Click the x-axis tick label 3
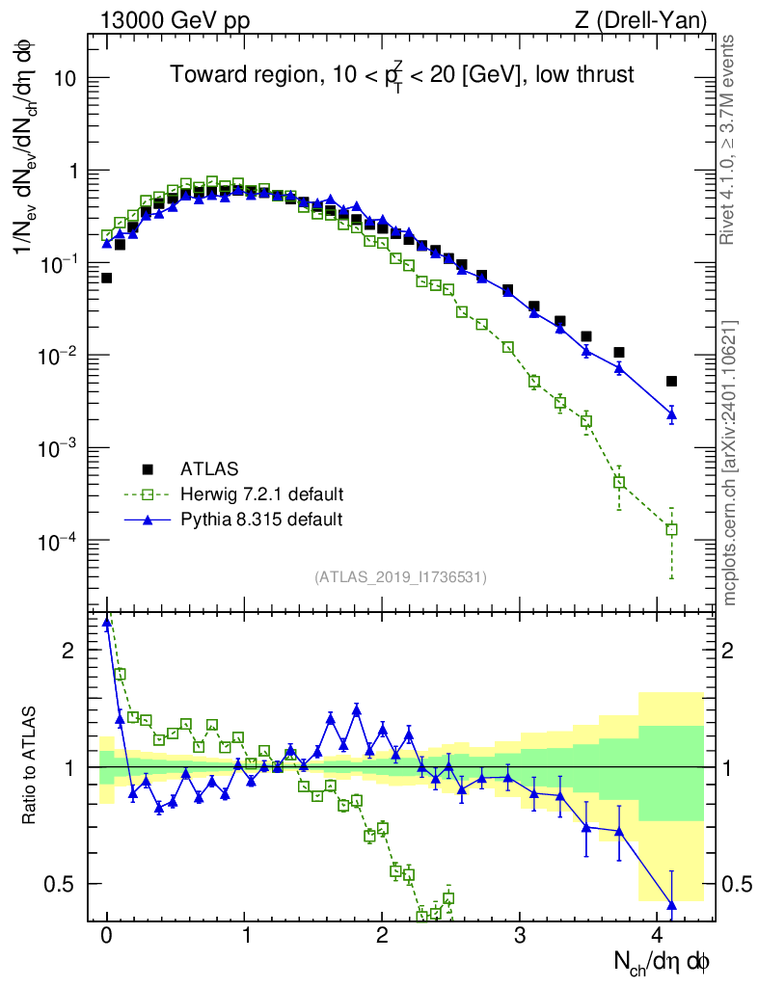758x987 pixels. pos(522,935)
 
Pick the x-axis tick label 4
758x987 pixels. pos(659,935)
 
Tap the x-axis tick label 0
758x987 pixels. pos(107,935)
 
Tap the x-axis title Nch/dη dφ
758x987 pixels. pos(663,961)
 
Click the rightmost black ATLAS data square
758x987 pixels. pos(671,381)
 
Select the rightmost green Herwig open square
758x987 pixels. pos(671,529)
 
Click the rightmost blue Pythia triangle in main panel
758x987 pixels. pos(671,414)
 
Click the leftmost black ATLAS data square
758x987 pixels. pos(106,278)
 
